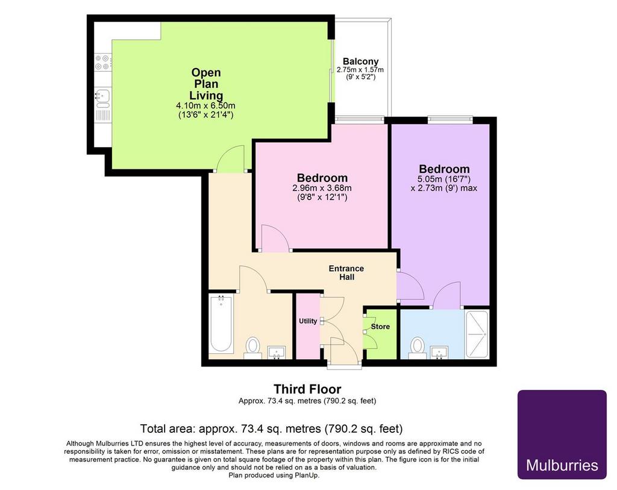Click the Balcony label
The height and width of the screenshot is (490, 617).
[360, 61]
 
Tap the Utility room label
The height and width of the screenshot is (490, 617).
[308, 321]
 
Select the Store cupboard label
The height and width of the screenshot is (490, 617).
[380, 327]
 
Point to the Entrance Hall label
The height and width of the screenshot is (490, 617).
[346, 273]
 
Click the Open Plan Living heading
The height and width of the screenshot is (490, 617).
[206, 84]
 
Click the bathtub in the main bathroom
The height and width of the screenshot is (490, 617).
[221, 324]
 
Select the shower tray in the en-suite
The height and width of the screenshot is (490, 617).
[477, 335]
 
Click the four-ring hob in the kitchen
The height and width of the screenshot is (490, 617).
[103, 63]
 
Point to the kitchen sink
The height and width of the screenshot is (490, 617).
[103, 98]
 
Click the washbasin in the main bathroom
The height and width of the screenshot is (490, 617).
[277, 353]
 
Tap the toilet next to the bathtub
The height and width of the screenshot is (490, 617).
[252, 348]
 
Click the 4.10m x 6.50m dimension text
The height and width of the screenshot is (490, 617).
[206, 106]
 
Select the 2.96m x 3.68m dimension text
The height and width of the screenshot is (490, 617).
[322, 188]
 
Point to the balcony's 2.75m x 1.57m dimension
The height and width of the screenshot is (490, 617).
[360, 70]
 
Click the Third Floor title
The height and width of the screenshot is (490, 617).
[307, 389]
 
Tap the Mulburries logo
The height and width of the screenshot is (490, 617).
[562, 435]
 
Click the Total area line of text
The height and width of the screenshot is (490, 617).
[272, 429]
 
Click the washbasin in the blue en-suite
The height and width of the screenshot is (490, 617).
[439, 353]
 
